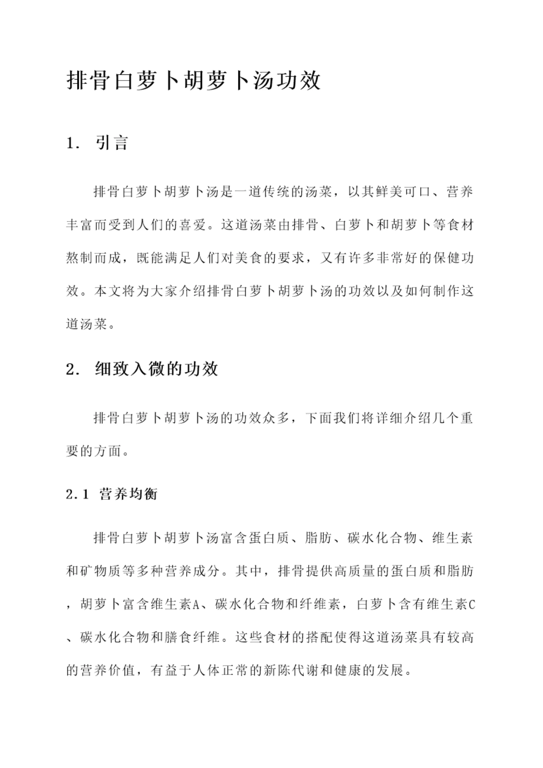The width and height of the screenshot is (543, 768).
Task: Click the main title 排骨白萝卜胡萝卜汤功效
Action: pos(194,81)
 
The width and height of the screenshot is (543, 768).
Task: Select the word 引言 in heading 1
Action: pos(112,143)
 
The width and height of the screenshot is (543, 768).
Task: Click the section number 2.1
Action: pos(77,494)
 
